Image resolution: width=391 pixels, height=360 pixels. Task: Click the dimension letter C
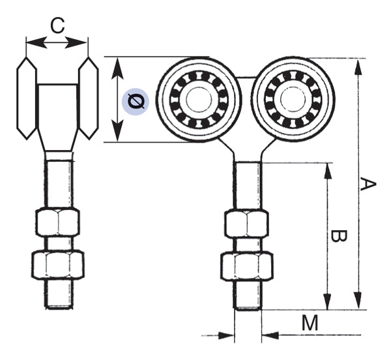(57, 26)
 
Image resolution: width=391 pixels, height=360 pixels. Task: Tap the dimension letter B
(338, 236)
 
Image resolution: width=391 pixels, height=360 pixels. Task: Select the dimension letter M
(311, 322)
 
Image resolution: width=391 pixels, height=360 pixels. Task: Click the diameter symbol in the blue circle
(136, 101)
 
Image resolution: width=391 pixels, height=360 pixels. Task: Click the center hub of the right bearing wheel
(291, 100)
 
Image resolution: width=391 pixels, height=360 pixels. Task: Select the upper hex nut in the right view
(247, 224)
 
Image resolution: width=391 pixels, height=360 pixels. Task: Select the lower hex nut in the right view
(247, 266)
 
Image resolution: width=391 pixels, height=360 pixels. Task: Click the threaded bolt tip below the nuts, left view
(57, 296)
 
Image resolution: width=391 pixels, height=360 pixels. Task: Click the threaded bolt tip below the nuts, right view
(247, 297)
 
